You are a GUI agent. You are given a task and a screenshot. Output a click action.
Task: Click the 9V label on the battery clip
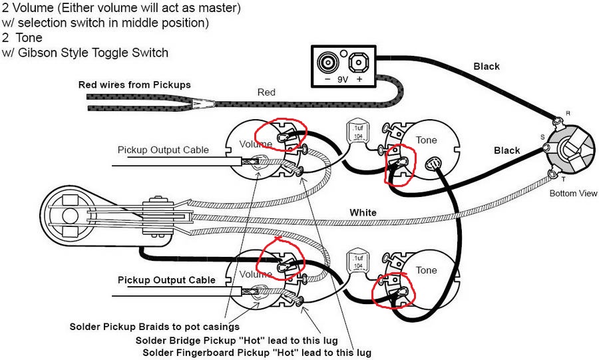click(343, 79)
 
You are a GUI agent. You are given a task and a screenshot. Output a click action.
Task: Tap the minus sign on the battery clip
click(327, 79)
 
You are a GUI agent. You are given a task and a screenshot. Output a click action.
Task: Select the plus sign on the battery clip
click(359, 79)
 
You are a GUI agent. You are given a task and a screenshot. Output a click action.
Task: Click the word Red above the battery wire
click(266, 92)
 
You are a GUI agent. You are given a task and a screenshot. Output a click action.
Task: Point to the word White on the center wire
click(363, 213)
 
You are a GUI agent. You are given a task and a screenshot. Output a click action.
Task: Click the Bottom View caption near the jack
click(573, 194)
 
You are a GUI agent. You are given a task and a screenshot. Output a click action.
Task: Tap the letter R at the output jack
click(568, 113)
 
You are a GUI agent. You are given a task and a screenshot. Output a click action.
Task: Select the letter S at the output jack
click(542, 137)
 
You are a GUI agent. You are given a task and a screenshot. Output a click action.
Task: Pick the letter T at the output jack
click(564, 180)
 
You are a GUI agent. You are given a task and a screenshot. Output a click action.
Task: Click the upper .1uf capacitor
click(358, 132)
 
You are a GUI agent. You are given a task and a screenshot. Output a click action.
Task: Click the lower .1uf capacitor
click(358, 262)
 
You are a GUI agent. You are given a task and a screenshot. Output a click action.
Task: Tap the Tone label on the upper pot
click(426, 140)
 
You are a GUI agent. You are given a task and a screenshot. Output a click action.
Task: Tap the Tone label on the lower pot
click(426, 270)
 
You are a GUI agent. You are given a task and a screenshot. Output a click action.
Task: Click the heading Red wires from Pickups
click(134, 85)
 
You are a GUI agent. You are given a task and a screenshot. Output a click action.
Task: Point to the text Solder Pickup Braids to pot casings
click(154, 327)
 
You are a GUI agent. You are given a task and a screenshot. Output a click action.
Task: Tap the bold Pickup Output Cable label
click(166, 280)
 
